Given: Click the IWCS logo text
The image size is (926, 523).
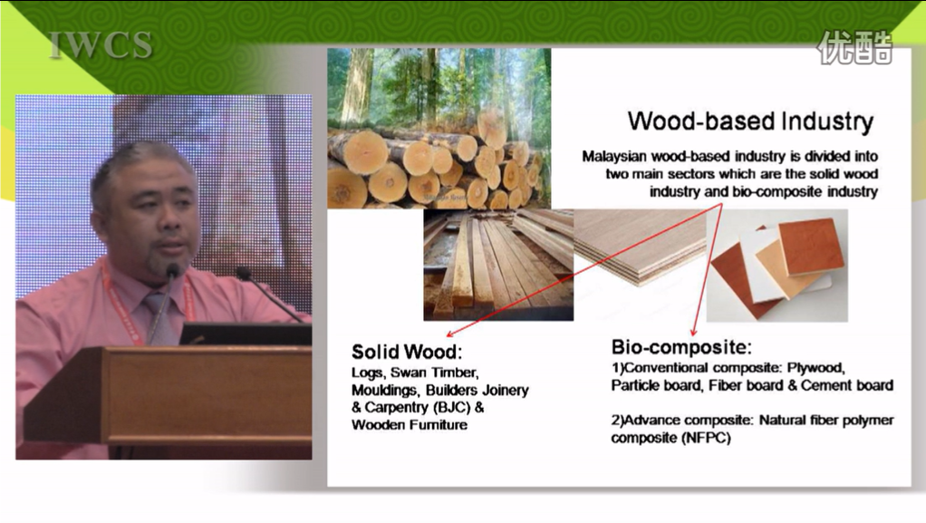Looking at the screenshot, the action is (x=101, y=45).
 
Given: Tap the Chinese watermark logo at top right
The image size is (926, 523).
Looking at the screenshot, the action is (x=854, y=47).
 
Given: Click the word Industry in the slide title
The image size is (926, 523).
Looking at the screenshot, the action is (x=827, y=121).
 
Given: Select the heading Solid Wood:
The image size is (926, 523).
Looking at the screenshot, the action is (x=407, y=352).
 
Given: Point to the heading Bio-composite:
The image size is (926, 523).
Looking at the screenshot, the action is (x=681, y=346).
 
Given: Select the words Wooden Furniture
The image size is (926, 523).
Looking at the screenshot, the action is (x=410, y=424).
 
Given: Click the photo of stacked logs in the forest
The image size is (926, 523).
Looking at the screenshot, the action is (x=439, y=128).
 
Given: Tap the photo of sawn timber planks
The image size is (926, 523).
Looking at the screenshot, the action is (x=498, y=265).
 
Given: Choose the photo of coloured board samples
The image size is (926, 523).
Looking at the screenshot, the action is (x=777, y=266).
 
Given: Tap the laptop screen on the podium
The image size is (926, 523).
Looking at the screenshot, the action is (x=246, y=334).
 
